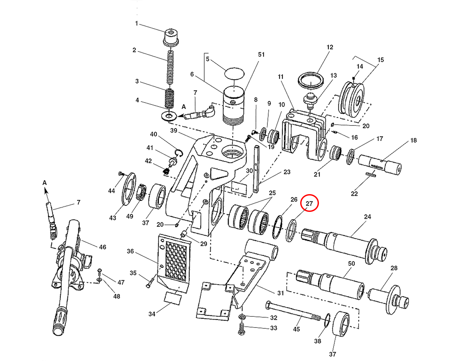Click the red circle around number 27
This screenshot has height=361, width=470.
309,203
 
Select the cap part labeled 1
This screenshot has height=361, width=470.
170,37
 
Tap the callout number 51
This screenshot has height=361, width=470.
261,55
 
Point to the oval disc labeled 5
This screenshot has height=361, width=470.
234,73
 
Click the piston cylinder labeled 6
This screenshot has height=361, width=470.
234,105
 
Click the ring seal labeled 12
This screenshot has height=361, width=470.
311,80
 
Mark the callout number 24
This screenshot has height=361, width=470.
368,217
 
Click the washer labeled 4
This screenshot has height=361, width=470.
169,116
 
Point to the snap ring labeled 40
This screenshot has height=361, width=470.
178,152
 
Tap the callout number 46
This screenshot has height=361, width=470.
102,247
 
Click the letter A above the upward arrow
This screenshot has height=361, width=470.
45,183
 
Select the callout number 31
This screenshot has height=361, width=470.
280,293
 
